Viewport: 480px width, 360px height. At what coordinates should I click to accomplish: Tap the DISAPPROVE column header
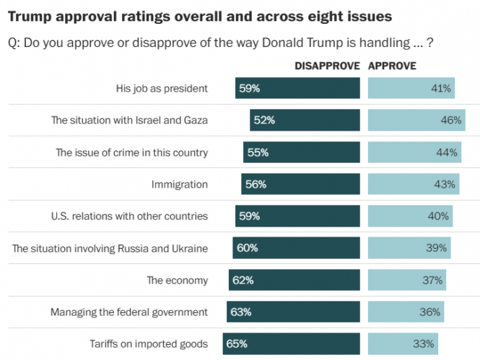click(327, 66)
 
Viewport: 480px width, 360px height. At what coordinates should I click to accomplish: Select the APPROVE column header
click(392, 66)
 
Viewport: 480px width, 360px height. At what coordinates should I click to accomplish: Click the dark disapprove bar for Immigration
click(300, 184)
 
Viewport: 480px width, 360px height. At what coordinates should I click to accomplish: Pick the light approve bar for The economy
click(406, 280)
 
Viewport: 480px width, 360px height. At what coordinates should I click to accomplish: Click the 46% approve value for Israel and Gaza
click(451, 120)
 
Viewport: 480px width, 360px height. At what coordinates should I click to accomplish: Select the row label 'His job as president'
click(162, 89)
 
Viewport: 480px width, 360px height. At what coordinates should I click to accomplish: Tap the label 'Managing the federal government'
click(129, 312)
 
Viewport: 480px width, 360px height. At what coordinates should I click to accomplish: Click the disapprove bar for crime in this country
click(301, 152)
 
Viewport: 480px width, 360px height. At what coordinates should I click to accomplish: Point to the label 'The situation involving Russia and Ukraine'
click(110, 248)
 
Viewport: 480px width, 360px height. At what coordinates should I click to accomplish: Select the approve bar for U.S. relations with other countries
click(410, 216)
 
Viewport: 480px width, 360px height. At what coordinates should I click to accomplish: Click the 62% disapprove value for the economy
click(243, 280)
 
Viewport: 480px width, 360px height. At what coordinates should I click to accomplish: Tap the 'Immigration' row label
click(180, 184)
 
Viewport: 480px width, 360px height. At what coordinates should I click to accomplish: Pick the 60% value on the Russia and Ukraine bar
click(247, 248)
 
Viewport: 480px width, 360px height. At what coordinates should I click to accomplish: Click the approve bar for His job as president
click(411, 89)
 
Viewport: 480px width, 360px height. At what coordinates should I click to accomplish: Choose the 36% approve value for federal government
click(429, 312)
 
